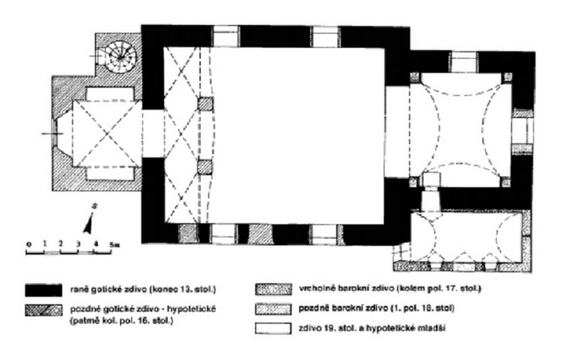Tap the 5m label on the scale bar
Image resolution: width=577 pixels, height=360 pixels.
point(113,244)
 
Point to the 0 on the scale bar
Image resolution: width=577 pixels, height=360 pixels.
point(28,244)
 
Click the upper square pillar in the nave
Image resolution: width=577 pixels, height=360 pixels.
point(205,104)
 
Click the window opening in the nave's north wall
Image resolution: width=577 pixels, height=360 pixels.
point(225,36)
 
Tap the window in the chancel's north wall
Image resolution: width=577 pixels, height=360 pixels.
point(462,61)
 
